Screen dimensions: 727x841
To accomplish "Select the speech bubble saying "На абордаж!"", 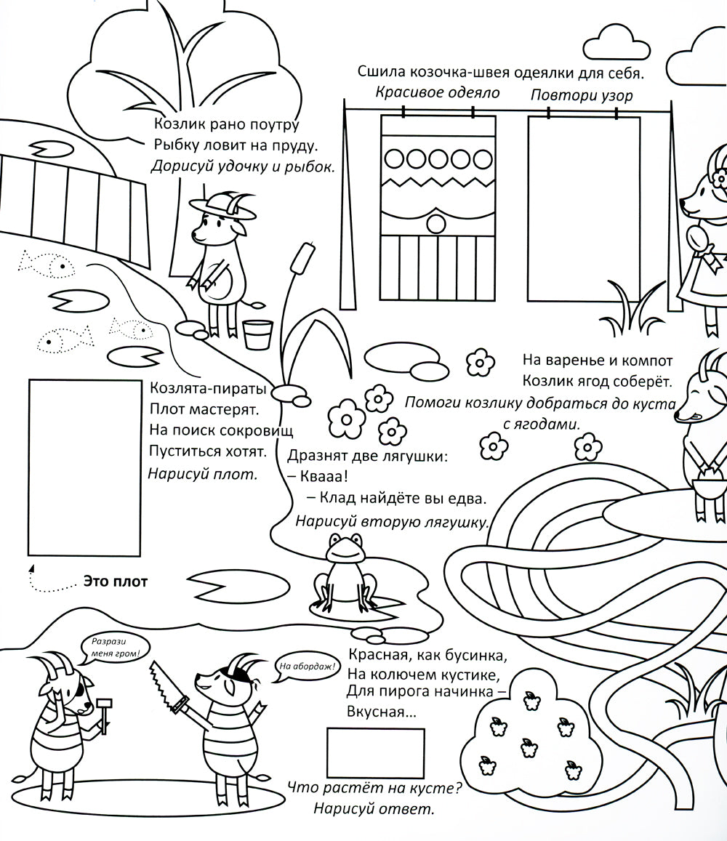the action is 307,667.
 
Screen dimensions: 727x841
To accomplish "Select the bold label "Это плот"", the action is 116,582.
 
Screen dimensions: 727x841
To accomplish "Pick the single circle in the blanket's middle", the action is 436,223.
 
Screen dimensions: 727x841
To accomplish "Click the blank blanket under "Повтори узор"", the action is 584,209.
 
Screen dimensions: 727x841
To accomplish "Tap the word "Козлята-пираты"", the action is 209,388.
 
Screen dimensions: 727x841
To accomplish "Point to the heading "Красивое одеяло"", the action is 437,93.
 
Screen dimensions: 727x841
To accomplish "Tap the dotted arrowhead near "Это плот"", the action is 31,568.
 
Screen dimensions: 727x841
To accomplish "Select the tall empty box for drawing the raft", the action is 84,467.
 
